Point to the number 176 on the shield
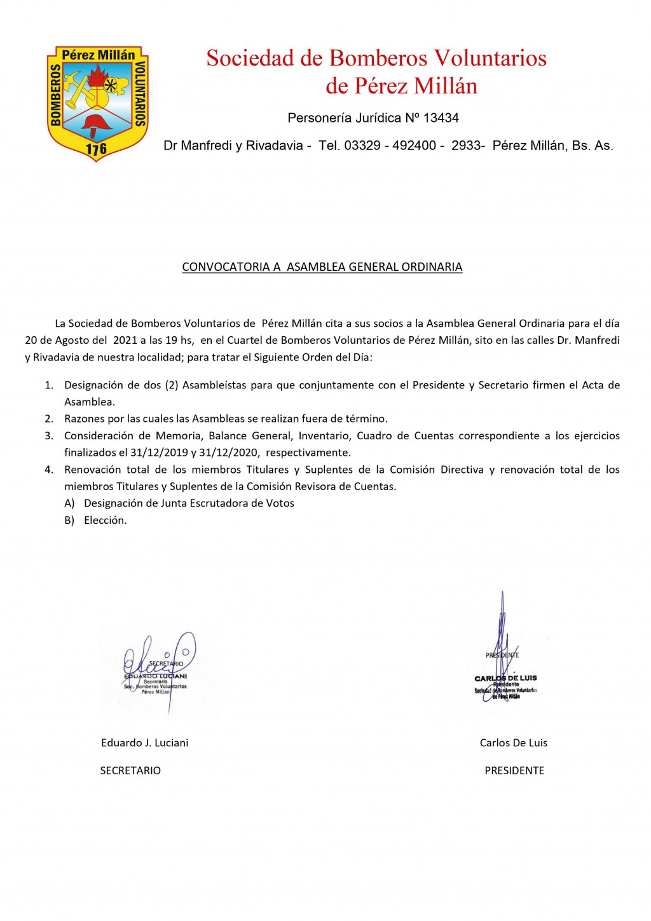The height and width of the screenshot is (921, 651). click(96, 149)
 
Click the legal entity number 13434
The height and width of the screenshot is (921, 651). click(441, 118)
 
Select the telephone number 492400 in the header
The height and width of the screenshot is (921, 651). click(414, 146)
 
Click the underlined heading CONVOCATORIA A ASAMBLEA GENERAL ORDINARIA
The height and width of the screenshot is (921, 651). click(322, 267)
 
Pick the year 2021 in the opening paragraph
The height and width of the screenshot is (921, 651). click(125, 340)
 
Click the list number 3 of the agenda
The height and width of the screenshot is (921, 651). click(49, 436)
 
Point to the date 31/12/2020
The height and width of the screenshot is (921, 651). click(228, 453)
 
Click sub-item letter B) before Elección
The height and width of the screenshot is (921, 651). click(69, 520)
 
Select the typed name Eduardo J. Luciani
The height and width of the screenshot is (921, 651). click(144, 743)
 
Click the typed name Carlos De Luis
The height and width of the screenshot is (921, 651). click(513, 743)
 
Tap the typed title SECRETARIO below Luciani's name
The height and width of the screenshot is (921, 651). click(130, 770)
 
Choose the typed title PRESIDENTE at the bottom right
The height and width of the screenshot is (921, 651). click(514, 770)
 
